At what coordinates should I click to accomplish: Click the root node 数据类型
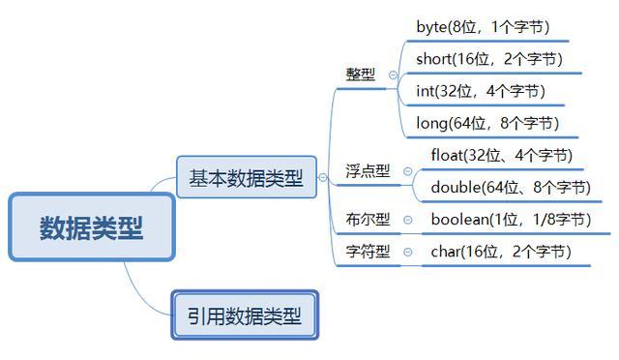coord(92,227)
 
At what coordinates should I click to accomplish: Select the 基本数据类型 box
coord(246,178)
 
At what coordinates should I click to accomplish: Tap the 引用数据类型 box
coord(245,315)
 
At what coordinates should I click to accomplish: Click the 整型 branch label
coord(361,75)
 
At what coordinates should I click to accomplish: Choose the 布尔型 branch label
coord(368,220)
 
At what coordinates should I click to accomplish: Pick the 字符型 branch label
coord(368,252)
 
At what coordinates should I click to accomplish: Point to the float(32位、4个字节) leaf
coord(502,155)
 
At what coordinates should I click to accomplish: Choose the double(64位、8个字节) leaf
coord(510,187)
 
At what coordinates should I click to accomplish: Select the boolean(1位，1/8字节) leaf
coord(511,220)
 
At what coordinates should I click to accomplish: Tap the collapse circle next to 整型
coord(393,75)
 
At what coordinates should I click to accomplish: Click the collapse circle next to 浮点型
coord(407,171)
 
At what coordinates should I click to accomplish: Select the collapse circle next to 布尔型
coord(407,220)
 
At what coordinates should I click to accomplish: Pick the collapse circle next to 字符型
coord(407,253)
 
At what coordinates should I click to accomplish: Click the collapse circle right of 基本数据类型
coord(324,178)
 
